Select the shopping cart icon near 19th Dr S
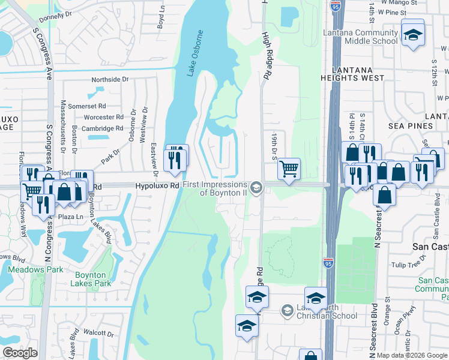pyautogui.click(x=289, y=170)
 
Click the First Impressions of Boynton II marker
pyautogui.click(x=256, y=188)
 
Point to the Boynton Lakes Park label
pyautogui.click(x=92, y=279)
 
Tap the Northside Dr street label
pyautogui.click(x=110, y=79)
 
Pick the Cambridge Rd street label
pyautogui.click(x=103, y=128)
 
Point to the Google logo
pyautogui.click(x=20, y=353)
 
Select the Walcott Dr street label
pyautogui.click(x=99, y=332)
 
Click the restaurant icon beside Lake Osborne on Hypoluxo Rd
pyautogui.click(x=175, y=160)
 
